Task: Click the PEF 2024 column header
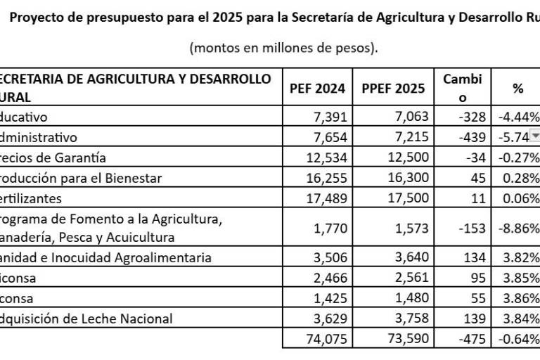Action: [x=317, y=88]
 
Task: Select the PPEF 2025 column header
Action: [x=393, y=88]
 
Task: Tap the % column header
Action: [x=517, y=88]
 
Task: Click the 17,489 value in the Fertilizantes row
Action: [x=328, y=198]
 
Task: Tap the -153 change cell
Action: [x=470, y=227]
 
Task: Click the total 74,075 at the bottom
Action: [x=328, y=339]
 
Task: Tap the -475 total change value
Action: [x=470, y=339]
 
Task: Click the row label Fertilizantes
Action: [x=31, y=198]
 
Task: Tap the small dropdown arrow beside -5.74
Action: [x=534, y=136]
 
